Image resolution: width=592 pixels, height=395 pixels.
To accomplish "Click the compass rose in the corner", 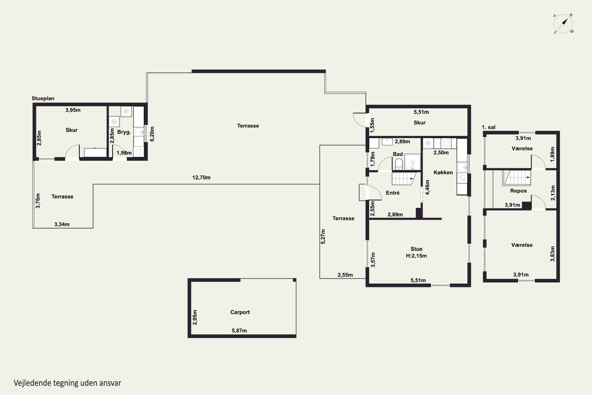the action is pos(563,24).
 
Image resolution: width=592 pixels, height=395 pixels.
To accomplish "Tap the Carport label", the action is pos(240,312).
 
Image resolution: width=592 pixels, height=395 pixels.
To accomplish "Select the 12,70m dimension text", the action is pos(201,177).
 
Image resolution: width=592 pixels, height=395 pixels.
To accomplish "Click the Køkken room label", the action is pos(443,172).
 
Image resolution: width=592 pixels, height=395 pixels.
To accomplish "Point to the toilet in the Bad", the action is pos(399,164).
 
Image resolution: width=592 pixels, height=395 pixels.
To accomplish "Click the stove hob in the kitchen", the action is pos(446,143).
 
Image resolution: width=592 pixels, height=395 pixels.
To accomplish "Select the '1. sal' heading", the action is pos(489,127).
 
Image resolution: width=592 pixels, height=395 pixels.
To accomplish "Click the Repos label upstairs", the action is pos(518,191).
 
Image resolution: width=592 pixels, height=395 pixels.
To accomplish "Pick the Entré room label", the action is pos(392,193).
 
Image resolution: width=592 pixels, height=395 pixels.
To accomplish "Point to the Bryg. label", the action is pos(124,132).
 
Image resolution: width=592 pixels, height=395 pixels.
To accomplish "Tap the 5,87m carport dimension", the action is pos(239,330).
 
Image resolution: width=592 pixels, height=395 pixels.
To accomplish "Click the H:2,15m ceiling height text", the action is pos(416,256).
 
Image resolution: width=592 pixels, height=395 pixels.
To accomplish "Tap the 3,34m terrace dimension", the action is pos(62,224).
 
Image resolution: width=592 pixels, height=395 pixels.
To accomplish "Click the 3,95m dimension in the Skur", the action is pos(73,110).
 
